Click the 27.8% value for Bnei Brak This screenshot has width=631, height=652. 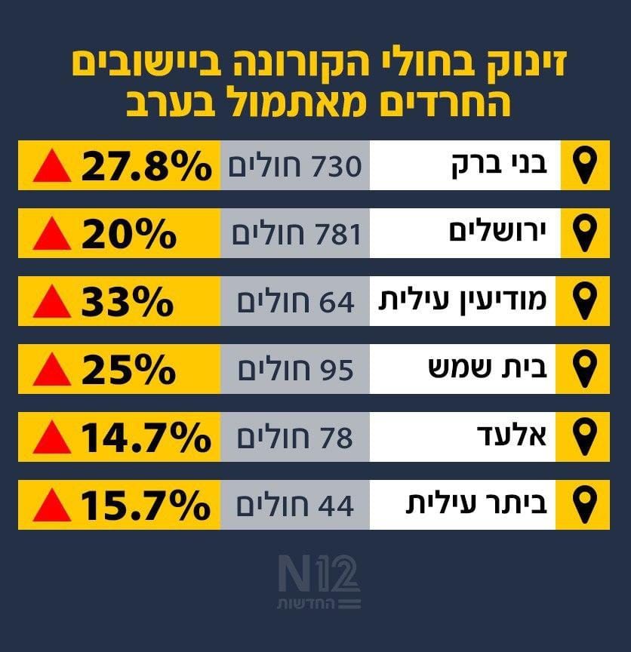click(x=145, y=166)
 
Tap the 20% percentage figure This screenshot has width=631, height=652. click(x=128, y=235)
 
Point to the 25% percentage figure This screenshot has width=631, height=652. click(x=128, y=370)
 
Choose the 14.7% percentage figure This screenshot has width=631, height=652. click(x=145, y=438)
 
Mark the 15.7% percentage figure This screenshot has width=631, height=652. click(x=145, y=506)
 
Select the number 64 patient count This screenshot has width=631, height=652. click(x=337, y=303)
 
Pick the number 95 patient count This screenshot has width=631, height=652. click(x=337, y=371)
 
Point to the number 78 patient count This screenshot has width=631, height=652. click(x=337, y=438)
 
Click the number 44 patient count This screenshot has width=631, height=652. click(x=337, y=506)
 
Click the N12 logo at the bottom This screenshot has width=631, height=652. click(x=319, y=582)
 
